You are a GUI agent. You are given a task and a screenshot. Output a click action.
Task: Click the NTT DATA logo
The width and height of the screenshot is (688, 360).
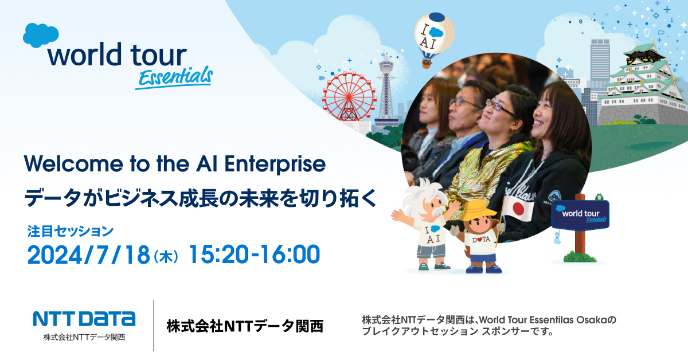(84, 319)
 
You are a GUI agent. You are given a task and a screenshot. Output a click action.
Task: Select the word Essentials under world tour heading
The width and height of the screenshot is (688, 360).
(174, 77)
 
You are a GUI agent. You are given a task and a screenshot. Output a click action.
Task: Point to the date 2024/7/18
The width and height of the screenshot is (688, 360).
(88, 255)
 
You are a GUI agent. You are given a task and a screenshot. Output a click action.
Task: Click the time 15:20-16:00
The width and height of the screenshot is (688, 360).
(254, 255)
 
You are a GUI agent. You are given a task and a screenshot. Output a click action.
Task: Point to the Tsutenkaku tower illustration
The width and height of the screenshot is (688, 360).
(386, 92)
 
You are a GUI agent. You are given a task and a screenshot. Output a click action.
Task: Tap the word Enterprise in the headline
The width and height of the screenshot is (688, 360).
(275, 165)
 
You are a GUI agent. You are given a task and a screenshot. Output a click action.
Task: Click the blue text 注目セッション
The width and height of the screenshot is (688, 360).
(71, 231)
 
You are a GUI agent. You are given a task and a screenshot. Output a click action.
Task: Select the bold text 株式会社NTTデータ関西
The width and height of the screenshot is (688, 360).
(245, 326)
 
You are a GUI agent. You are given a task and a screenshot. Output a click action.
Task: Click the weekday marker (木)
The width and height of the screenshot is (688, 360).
(166, 256)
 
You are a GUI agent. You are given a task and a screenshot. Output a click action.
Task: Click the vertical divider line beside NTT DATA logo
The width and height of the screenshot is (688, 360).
(154, 326)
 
